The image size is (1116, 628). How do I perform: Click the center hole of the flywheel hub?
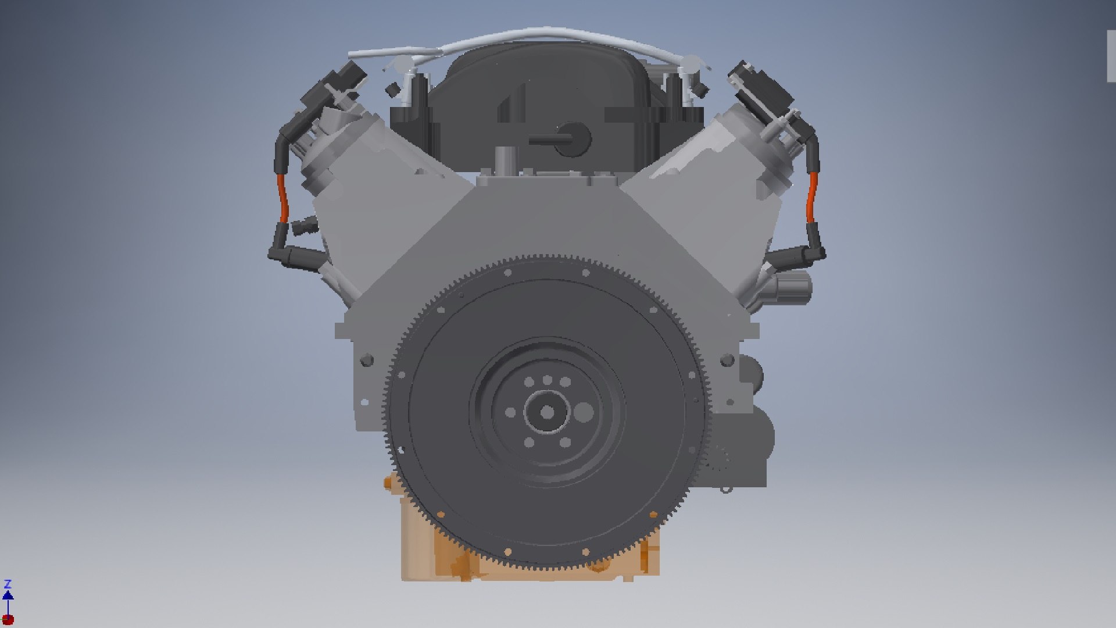[x=547, y=412]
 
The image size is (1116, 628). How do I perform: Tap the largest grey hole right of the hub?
[x=583, y=412]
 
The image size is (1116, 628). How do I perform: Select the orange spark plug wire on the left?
[x=282, y=197]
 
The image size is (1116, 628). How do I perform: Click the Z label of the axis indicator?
[x=8, y=584]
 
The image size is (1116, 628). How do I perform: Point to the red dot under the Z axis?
[x=8, y=619]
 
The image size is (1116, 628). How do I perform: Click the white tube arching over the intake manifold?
[x=546, y=33]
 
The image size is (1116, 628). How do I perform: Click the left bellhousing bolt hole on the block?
[x=366, y=360]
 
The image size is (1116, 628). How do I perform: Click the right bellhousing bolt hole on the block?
[x=727, y=360]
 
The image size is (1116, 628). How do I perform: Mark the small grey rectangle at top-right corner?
[x=1111, y=55]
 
